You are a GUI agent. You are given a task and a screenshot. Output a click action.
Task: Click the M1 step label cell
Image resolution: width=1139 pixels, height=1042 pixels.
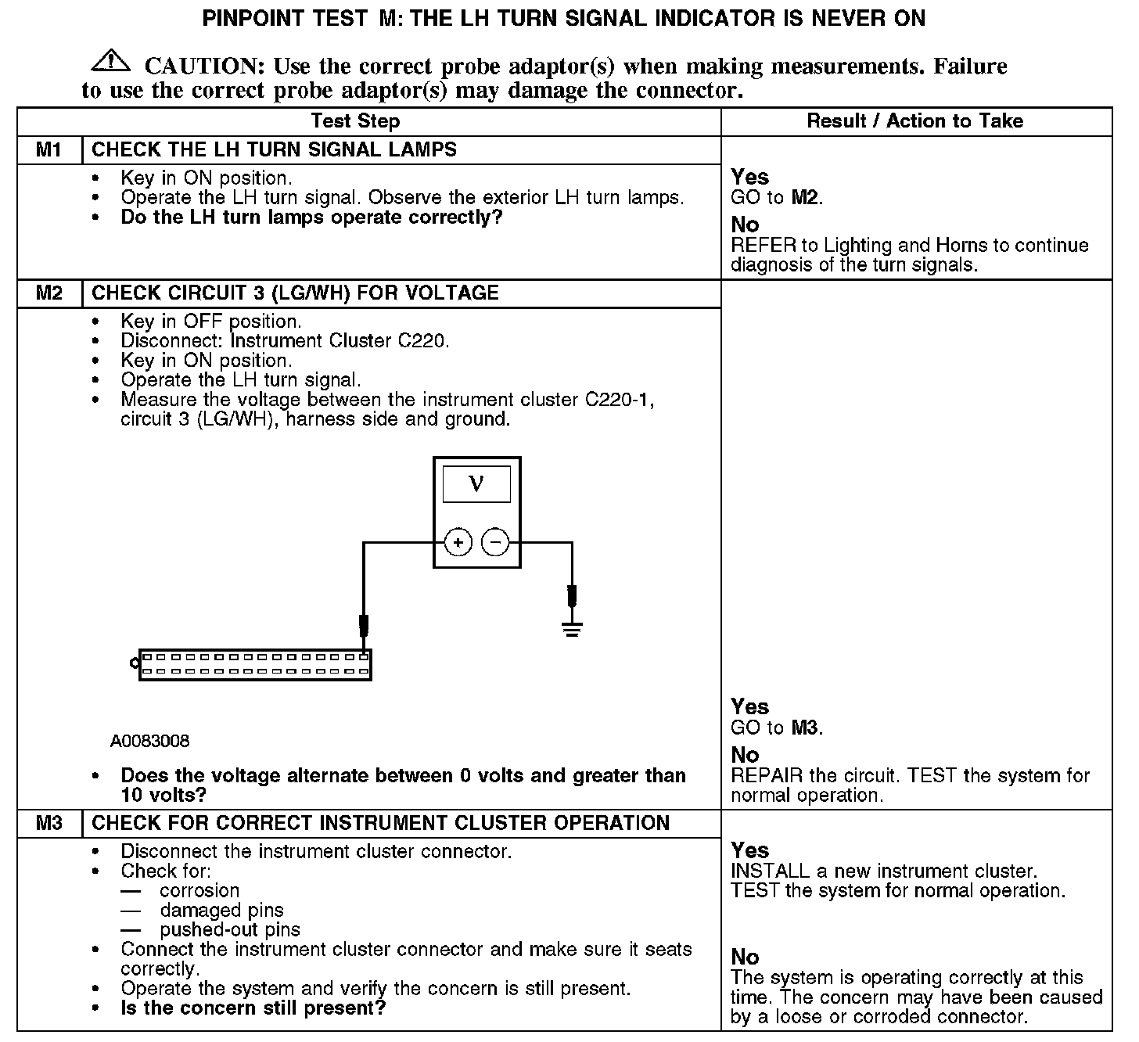point(49,149)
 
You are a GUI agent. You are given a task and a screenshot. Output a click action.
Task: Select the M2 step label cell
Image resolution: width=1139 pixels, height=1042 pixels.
point(49,293)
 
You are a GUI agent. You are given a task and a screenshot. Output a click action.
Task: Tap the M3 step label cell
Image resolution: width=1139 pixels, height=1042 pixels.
point(49,823)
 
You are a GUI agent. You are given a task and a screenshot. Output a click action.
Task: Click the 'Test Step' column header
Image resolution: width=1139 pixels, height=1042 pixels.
point(355,121)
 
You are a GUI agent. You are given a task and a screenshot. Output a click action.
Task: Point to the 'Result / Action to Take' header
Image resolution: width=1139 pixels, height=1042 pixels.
point(914,121)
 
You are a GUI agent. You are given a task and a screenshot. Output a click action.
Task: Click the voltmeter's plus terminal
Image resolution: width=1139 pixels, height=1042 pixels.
point(458,542)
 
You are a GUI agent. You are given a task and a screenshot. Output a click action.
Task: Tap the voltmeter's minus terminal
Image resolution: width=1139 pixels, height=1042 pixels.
point(494,542)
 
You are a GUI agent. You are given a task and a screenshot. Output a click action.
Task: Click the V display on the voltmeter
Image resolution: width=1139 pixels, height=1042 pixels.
point(476,483)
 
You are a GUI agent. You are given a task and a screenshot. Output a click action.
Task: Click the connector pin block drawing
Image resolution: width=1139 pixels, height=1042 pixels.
point(254,664)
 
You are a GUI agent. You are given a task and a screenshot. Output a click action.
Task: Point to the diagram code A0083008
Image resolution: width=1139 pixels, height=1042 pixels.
point(149,741)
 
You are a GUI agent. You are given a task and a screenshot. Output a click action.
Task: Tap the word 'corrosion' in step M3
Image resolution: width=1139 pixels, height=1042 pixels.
point(199,890)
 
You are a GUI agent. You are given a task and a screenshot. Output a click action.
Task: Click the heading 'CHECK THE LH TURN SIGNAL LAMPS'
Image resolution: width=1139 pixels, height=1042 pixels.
point(274,149)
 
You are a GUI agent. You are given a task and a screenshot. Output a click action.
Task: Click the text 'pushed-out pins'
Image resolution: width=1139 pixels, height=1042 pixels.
point(230,929)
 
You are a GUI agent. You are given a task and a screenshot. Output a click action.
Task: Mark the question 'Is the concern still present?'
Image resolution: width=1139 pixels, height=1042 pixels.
point(253,1008)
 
